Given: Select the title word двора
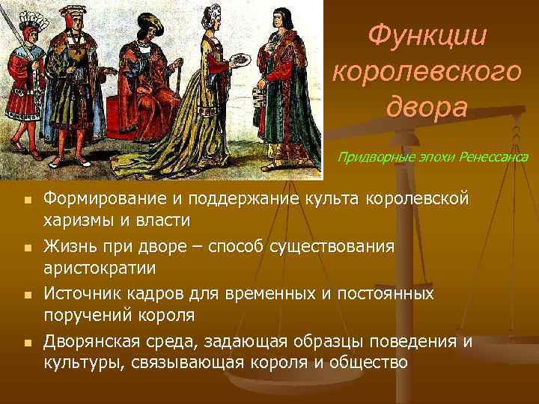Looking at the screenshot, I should coord(427,106).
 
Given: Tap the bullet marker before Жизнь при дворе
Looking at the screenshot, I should coord(25,246).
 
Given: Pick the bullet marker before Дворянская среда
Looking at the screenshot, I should coord(25,342).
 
